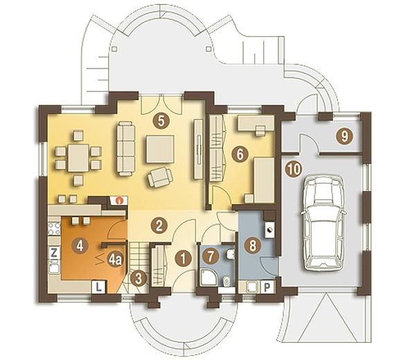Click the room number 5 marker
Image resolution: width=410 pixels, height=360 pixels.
(x=161, y=121)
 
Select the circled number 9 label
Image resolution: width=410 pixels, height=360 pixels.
(x=345, y=136)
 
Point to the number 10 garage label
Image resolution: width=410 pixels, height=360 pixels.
(x=294, y=169)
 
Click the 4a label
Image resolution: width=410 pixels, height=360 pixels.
(x=115, y=260)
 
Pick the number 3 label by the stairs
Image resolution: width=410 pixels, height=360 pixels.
(x=139, y=278)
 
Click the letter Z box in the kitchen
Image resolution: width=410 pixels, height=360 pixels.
(x=54, y=253)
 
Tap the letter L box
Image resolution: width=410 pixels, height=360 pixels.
(x=99, y=287)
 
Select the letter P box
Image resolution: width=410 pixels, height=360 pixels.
(x=267, y=287)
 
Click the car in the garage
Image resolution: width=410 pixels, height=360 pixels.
(x=323, y=222)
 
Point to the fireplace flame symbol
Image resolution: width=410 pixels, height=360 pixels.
(x=120, y=200)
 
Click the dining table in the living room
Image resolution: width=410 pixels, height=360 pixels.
(x=78, y=158)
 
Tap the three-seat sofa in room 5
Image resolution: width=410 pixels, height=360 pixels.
(x=126, y=148)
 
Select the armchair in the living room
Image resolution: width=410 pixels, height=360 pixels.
(x=160, y=177)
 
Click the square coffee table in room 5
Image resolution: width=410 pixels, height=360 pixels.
(x=160, y=149)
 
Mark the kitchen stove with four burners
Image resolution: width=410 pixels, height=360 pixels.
(x=55, y=228)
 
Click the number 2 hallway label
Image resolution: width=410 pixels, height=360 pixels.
(x=159, y=226)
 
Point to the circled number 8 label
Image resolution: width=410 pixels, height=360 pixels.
(x=252, y=246)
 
